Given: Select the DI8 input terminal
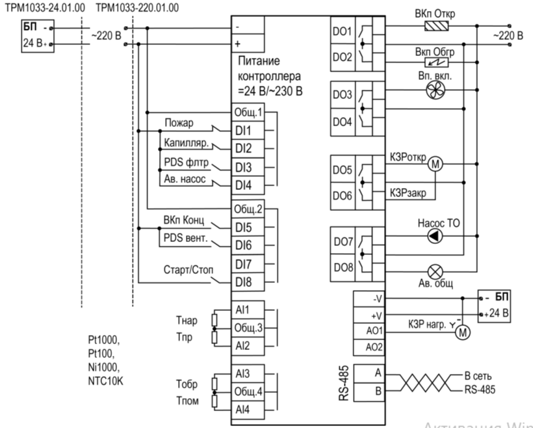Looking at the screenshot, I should [x=244, y=282].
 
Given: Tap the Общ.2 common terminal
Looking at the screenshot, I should [x=246, y=209].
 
